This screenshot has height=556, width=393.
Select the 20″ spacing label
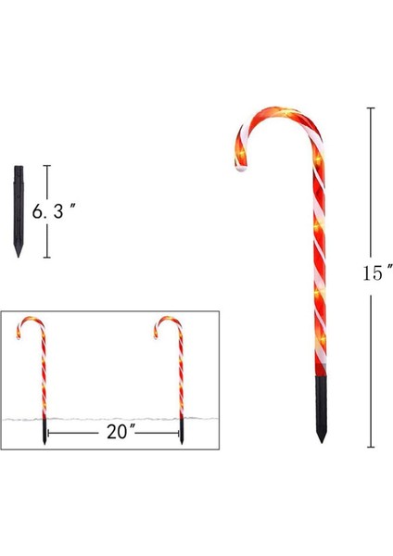tap(112, 433)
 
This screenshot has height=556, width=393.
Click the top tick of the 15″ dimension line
tap(373, 108)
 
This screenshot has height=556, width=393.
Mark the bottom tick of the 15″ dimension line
tap(373, 447)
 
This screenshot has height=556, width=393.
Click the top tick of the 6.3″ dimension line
tap(47, 167)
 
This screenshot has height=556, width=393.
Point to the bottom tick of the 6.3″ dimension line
tap(47, 258)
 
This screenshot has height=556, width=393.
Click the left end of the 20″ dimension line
tap(47, 433)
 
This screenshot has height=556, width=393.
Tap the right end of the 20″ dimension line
tap(179, 433)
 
